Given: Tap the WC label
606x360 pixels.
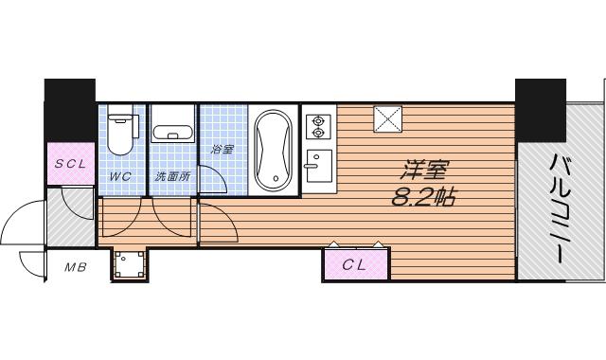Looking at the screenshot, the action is [x=120, y=177].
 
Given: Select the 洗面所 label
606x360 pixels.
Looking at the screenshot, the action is [x=172, y=177].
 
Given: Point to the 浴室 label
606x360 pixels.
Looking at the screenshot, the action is [x=223, y=150].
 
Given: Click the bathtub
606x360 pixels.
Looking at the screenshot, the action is [x=274, y=151].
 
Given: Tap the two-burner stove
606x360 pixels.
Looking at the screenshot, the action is [x=318, y=127].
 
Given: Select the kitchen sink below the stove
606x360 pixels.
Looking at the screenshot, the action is [x=318, y=166].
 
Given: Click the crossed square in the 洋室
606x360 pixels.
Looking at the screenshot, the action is [x=387, y=119].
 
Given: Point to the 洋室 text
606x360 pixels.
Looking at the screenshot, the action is [x=425, y=171].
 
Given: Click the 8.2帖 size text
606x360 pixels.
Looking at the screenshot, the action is [x=424, y=197].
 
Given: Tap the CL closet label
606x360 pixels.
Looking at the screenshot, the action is [x=354, y=265].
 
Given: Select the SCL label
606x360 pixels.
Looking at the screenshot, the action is [x=70, y=164].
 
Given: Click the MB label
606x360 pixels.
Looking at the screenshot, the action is [x=76, y=267].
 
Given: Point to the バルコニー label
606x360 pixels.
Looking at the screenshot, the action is [x=560, y=208].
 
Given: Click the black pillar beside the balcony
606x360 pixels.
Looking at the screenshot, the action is [x=541, y=111].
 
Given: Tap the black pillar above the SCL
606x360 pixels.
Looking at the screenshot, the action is [x=70, y=111].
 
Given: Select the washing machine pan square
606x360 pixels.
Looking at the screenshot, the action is [x=130, y=264].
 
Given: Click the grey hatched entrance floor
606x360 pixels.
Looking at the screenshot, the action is [x=70, y=217].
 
